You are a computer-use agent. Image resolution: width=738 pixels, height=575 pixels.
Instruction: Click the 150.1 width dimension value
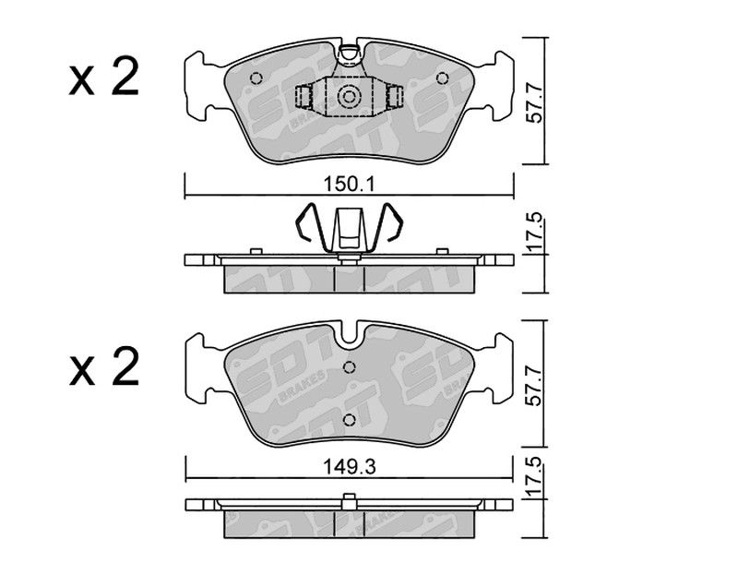[349, 185]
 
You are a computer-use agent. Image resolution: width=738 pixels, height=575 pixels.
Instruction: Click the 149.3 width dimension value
[350, 467]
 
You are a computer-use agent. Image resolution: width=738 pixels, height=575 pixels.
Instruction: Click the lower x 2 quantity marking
[104, 366]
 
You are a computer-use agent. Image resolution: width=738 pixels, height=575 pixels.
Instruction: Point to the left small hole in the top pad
[256, 78]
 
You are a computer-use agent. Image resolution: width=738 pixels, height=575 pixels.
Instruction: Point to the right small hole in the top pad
[442, 78]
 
